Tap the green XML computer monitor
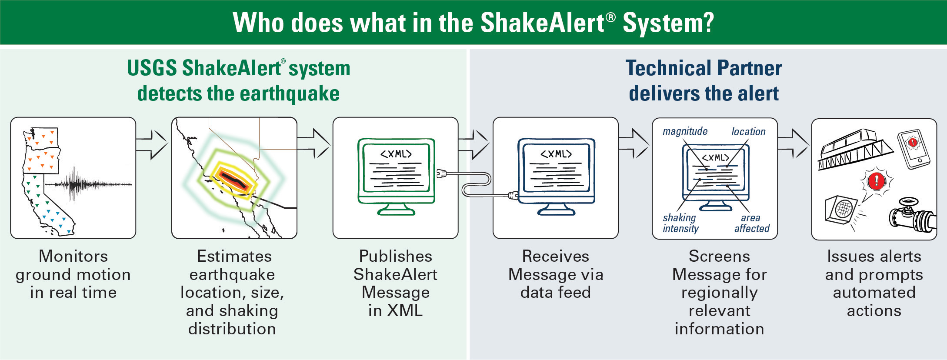coord(396,172)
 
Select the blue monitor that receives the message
coord(556,172)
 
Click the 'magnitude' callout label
coord(685,131)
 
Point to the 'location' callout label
coord(748,131)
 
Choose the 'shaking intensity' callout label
coord(680,223)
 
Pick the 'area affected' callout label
coord(752,223)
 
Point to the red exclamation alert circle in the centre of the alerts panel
coord(877,181)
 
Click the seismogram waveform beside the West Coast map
coord(87,184)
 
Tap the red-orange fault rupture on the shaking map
coord(230,178)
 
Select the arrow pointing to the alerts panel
coord(794,143)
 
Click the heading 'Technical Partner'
coord(704,68)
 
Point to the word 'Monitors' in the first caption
coord(73,256)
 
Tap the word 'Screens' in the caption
coord(719,256)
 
